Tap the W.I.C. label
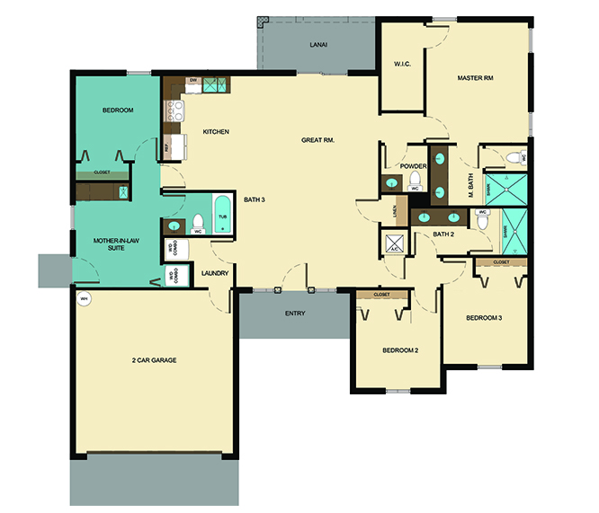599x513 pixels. pyautogui.click(x=402, y=64)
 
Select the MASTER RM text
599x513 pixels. pyautogui.click(x=475, y=78)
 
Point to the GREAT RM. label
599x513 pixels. pyautogui.click(x=318, y=140)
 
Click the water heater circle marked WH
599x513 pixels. pyautogui.click(x=85, y=300)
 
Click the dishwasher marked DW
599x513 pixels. pyautogui.click(x=193, y=82)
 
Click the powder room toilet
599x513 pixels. pyautogui.click(x=415, y=182)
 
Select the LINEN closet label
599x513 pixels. pyautogui.click(x=394, y=211)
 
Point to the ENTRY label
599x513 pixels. pyautogui.click(x=294, y=314)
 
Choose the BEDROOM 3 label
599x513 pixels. pyautogui.click(x=484, y=318)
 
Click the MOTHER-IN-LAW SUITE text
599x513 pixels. pyautogui.click(x=108, y=244)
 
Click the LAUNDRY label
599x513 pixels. pyautogui.click(x=215, y=273)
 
